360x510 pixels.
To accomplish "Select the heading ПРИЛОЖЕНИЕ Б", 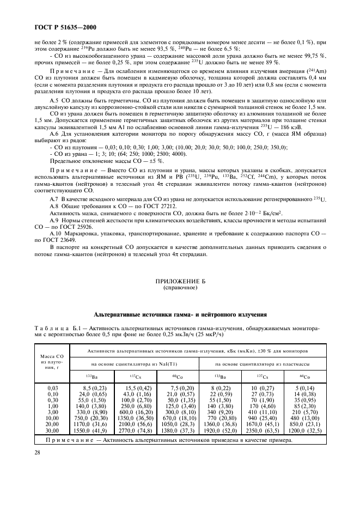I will (180, 281).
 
